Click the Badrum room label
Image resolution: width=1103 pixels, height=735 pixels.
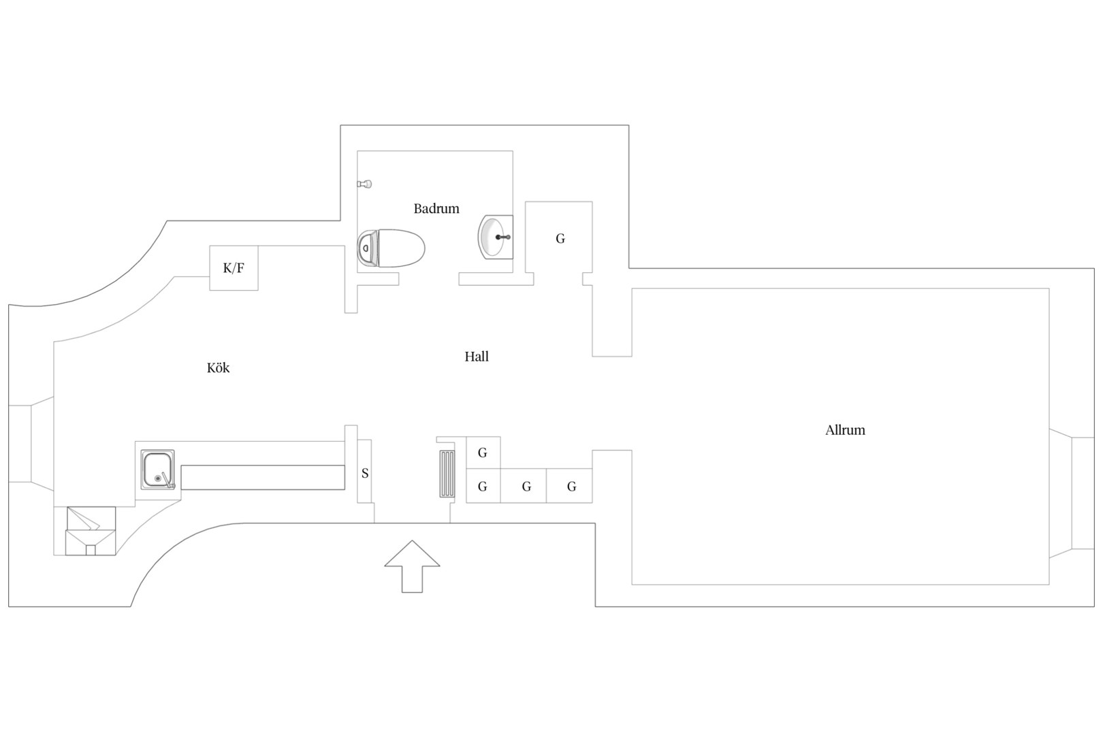tap(436, 209)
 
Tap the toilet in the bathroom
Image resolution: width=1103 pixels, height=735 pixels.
tap(391, 248)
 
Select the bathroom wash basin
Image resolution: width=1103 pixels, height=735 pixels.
tap(496, 237)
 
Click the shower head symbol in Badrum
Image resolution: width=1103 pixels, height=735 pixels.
tap(364, 184)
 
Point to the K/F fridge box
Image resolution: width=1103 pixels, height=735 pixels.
tap(234, 268)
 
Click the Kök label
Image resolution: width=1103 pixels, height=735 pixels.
tap(218, 367)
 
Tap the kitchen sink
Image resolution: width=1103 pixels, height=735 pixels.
tap(157, 470)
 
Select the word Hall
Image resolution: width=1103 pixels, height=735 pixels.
tap(477, 357)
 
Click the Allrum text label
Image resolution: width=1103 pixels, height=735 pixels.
tap(845, 430)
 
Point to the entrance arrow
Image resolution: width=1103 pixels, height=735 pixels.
tap(412, 566)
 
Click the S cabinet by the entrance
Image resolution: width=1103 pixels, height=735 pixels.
tap(364, 471)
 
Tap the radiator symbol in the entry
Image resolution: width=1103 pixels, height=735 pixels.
tap(447, 474)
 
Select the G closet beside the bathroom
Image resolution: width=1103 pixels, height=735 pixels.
tap(559, 238)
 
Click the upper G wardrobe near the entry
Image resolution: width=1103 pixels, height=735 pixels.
tap(483, 453)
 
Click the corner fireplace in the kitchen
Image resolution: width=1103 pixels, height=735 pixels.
tap(91, 531)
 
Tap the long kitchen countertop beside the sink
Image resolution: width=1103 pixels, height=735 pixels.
tap(262, 477)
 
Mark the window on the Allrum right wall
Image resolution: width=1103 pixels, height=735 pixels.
tap(1072, 493)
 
